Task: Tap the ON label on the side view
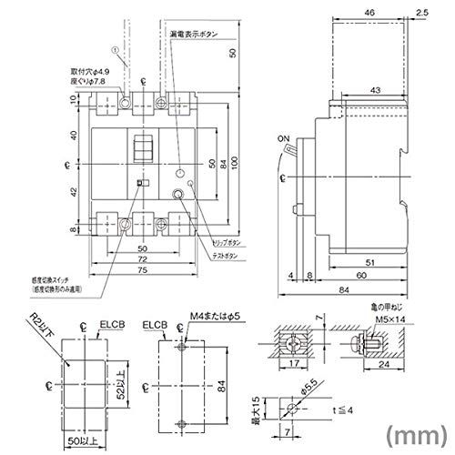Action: pos(283,139)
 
